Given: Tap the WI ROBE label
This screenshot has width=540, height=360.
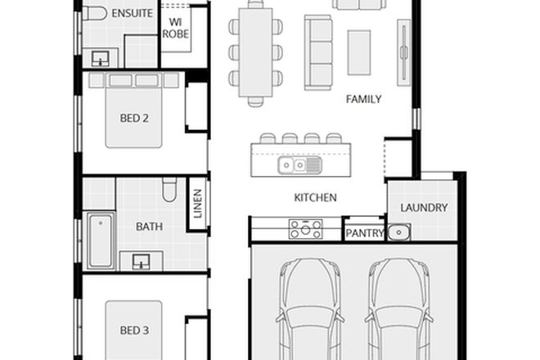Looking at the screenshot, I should coord(176,27).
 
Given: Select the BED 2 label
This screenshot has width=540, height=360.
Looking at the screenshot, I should coord(134,118).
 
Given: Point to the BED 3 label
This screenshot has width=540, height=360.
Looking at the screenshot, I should coord(134,331).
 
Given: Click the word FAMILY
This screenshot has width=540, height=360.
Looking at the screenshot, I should coord(363,100).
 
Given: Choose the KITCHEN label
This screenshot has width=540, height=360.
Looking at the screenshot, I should coord(315,197).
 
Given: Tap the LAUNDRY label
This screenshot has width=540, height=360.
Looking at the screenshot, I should coord(424,207).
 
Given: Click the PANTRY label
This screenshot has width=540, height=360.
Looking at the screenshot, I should coord(364,233).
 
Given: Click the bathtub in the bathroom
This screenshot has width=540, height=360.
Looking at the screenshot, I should coord(101,240).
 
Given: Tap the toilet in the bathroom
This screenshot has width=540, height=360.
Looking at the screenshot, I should coord(169,190).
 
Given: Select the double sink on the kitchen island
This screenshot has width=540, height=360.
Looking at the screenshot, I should coord(299,165).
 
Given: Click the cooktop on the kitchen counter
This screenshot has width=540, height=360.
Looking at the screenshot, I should coord(305,229).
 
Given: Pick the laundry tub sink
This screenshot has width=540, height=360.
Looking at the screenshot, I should coord(398,232).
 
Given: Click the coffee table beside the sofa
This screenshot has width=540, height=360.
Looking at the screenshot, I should coord(359,52).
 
